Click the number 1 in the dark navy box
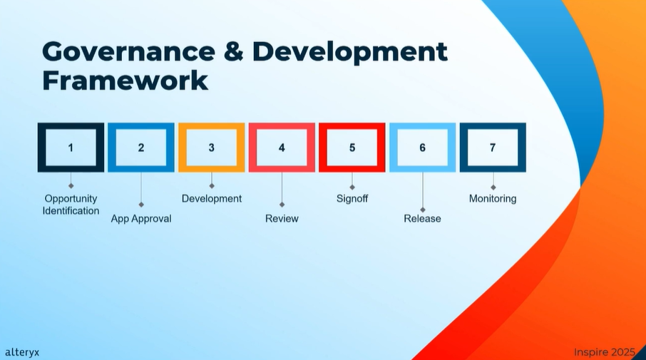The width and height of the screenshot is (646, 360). click(71, 148)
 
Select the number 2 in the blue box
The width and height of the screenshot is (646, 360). click(141, 148)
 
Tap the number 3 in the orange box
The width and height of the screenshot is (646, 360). click(211, 148)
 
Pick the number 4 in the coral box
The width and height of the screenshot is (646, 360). click(282, 148)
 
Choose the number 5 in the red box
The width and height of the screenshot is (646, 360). click(352, 148)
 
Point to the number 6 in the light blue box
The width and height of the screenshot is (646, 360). click(422, 148)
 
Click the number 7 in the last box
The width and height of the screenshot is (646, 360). click(493, 148)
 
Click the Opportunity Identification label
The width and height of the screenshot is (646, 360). click(71, 205)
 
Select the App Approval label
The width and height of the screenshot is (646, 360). click(141, 219)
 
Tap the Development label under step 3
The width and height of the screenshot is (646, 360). click(212, 199)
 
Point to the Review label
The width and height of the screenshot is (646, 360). click(282, 218)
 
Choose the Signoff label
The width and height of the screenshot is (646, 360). click(352, 199)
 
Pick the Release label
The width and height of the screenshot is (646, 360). click(422, 218)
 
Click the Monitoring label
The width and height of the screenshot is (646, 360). click(493, 199)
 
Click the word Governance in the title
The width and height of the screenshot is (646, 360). click(128, 51)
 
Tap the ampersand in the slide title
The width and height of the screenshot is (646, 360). click(234, 51)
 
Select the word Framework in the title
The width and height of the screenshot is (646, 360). click(125, 81)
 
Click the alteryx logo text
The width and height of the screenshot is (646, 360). click(22, 353)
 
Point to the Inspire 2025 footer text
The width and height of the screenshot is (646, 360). click(605, 352)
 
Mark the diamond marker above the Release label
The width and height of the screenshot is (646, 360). click(423, 210)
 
